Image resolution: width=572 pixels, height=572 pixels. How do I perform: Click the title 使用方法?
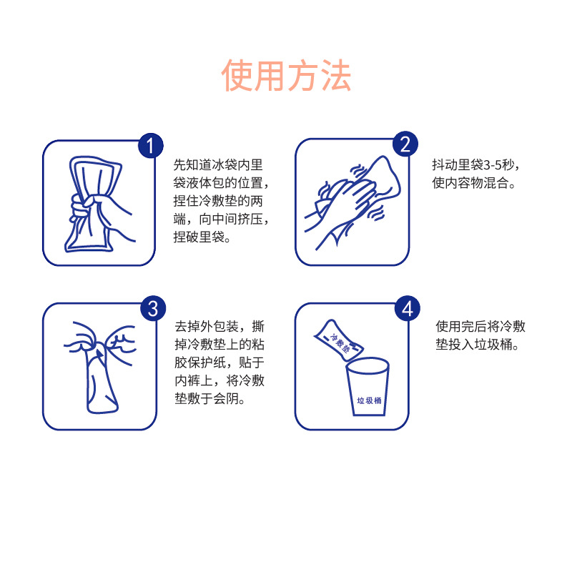[x=286, y=76]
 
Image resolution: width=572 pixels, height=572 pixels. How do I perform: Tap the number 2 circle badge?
[x=404, y=145]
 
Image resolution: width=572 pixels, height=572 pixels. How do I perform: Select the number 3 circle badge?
[x=152, y=309]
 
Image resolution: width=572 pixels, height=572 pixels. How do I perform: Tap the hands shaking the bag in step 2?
[x=350, y=200]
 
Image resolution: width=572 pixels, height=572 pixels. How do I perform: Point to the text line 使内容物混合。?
[x=475, y=182]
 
